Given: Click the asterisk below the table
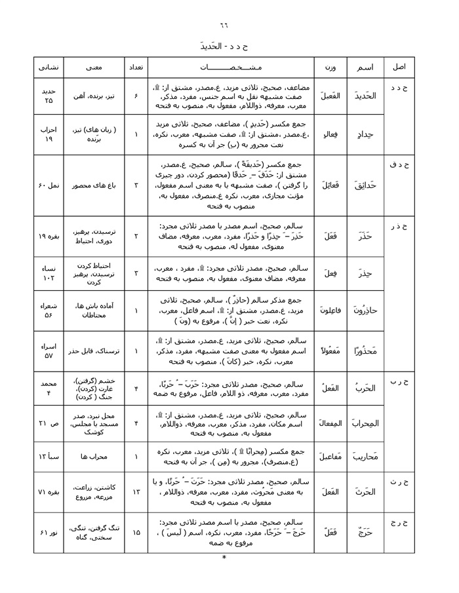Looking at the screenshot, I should [224, 558].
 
